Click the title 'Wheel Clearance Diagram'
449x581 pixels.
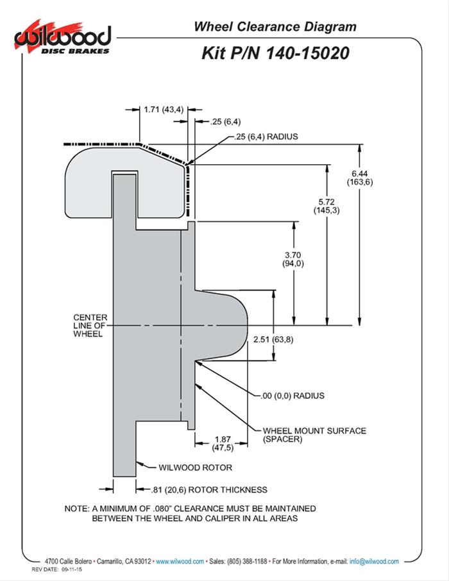[x=275, y=27]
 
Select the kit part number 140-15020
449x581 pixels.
[x=276, y=54]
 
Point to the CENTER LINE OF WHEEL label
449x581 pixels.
[x=90, y=326]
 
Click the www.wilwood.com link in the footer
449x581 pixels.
[x=180, y=561]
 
